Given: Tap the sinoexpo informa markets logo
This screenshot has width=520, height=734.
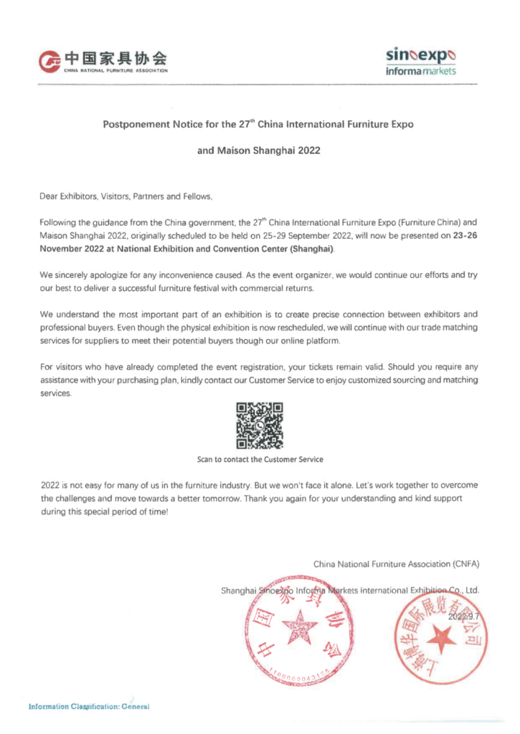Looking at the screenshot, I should coord(420,61).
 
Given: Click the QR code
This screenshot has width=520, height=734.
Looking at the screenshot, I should coord(260,424).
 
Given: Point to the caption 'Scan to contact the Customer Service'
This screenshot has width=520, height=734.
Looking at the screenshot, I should coord(260,459).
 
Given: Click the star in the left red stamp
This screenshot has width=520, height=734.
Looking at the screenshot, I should coord(301,630).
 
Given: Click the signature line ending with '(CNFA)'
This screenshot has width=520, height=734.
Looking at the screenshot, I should coord(396,564).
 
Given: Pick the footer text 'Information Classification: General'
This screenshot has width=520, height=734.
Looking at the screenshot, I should coord(88,707).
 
